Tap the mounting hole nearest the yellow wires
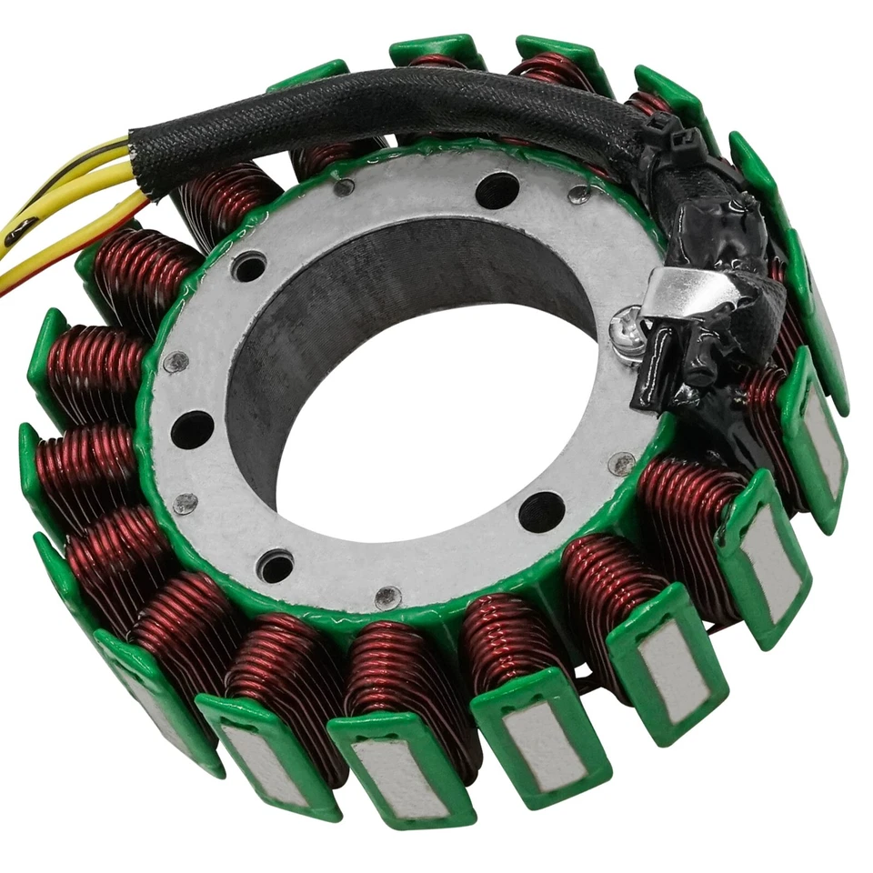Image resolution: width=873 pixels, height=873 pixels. (x=248, y=266)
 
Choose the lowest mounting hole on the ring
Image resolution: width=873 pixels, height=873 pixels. (x=276, y=566)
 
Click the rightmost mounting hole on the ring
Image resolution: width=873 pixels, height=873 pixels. (x=542, y=512)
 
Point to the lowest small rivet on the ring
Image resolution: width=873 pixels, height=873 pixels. (x=387, y=597)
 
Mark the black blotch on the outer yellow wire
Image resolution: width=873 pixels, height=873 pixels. (x=20, y=232)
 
